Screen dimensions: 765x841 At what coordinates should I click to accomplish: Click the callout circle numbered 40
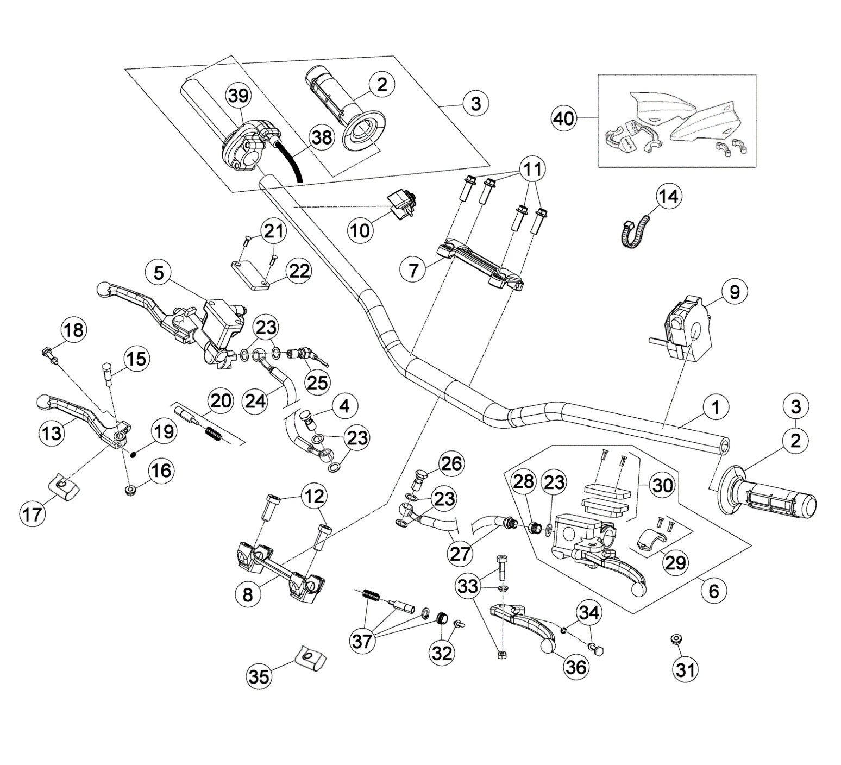(x=563, y=118)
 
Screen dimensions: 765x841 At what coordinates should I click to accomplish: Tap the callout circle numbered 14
(x=668, y=196)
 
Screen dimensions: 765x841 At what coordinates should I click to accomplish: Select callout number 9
(x=734, y=292)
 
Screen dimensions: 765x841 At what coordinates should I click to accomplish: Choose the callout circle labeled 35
(x=259, y=676)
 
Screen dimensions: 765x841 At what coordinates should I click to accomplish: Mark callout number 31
(x=686, y=670)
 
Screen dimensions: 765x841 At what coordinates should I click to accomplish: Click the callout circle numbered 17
(x=33, y=513)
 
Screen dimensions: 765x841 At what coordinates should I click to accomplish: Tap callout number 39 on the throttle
(x=239, y=96)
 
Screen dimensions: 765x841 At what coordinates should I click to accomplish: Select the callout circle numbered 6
(x=713, y=591)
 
